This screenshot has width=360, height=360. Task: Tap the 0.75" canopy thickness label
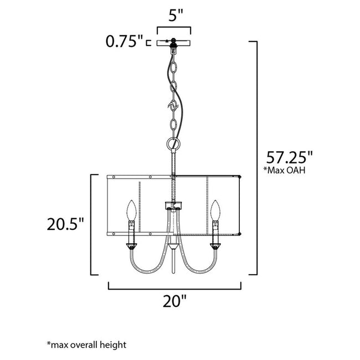(125, 42)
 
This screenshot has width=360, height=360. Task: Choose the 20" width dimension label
(175, 302)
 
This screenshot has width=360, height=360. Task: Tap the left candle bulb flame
(132, 210)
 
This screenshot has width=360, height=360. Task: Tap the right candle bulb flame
(215, 210)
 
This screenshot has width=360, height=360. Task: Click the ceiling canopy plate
(174, 43)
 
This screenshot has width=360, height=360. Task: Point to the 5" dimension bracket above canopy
(174, 27)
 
